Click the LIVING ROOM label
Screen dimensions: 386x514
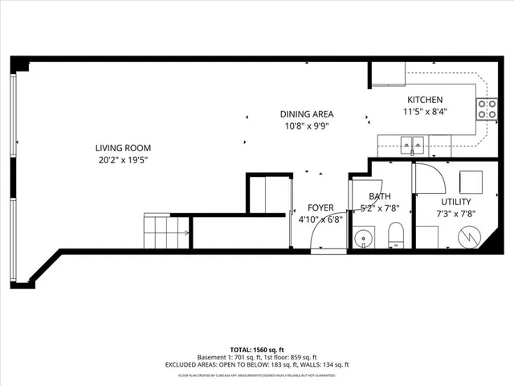[x=123, y=148]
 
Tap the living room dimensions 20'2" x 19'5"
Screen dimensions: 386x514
[x=123, y=159]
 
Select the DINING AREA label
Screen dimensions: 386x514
[x=306, y=114]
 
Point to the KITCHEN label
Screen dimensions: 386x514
[x=425, y=100]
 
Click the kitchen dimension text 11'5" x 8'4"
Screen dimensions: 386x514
[x=425, y=112]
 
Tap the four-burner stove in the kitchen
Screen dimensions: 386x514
[x=486, y=109]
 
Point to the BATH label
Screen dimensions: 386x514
[x=380, y=196]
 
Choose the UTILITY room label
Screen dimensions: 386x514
[x=455, y=202]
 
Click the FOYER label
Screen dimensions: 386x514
[x=320, y=207]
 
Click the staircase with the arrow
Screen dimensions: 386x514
[x=166, y=232]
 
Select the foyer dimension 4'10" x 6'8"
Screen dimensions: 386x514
[x=320, y=219]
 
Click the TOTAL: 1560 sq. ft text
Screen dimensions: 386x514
[x=257, y=350]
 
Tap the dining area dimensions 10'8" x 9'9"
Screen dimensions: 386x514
[x=306, y=125]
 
